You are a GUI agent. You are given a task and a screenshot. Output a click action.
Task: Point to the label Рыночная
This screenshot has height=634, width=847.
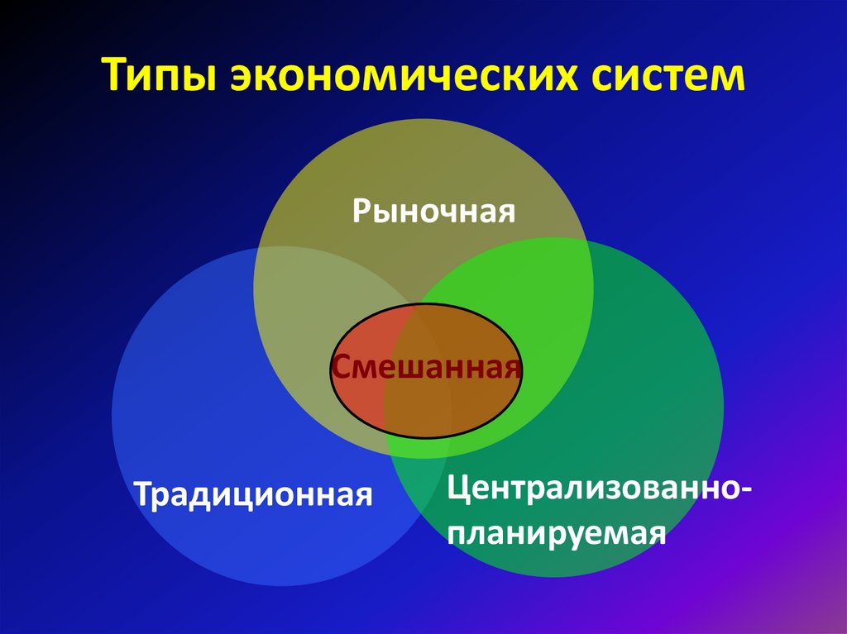point(434,210)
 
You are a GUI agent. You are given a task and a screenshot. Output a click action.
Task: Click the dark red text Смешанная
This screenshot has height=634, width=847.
point(426,366)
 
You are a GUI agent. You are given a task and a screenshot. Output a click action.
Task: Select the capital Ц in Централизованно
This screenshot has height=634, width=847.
point(457,489)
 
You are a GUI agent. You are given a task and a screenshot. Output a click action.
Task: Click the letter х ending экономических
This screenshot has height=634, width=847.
point(562,78)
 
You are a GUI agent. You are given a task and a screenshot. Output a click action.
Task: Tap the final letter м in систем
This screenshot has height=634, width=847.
point(729,78)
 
